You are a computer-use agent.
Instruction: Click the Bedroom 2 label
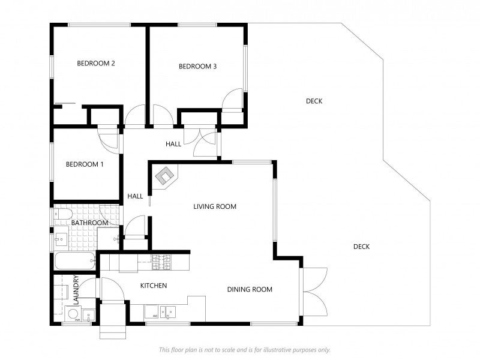click(x=96, y=64)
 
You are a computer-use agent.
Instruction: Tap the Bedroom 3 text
click(x=197, y=66)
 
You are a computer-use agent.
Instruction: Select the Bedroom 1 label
click(x=85, y=164)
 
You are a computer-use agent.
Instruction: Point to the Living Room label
click(x=215, y=206)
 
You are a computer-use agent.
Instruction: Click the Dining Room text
click(x=250, y=289)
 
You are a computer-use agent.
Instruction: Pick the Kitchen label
click(x=154, y=286)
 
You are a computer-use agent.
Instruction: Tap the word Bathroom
click(x=89, y=223)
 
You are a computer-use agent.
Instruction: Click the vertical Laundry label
click(x=76, y=290)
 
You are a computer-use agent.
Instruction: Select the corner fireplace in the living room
click(x=166, y=176)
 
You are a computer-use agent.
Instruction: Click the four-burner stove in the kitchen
click(x=162, y=262)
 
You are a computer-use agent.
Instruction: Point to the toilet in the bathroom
click(x=63, y=214)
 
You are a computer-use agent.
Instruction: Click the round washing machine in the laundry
click(x=73, y=314)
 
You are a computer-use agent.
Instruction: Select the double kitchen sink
click(x=168, y=311)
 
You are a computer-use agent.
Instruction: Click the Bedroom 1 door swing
click(x=108, y=138)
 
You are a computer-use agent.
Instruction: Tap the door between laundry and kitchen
click(x=88, y=288)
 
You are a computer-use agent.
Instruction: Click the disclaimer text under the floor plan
click(x=245, y=350)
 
